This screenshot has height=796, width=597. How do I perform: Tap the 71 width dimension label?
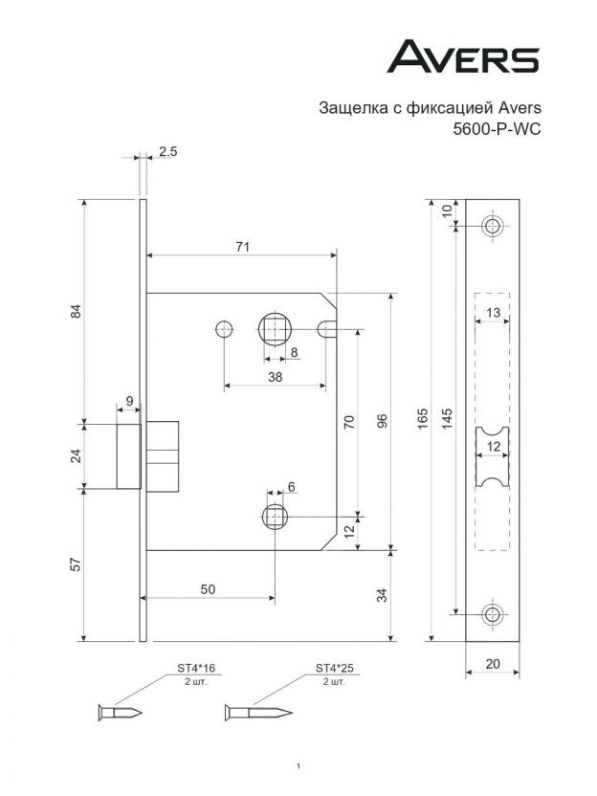tap(242, 247)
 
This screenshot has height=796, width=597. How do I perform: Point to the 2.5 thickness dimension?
tap(167, 152)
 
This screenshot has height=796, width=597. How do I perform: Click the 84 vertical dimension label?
tap(77, 311)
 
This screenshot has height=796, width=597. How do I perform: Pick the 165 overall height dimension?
tap(423, 418)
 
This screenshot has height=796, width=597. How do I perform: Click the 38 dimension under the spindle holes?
tap(274, 377)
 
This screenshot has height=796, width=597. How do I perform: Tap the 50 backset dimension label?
tap(208, 589)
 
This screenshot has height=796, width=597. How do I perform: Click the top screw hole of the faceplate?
tap(492, 227)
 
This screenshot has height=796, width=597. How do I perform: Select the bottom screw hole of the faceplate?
tap(492, 613)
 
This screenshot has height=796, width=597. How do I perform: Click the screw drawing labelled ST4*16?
tap(121, 712)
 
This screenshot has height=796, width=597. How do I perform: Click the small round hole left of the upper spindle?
tap(224, 329)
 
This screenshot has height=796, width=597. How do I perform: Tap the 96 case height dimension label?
tap(381, 421)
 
